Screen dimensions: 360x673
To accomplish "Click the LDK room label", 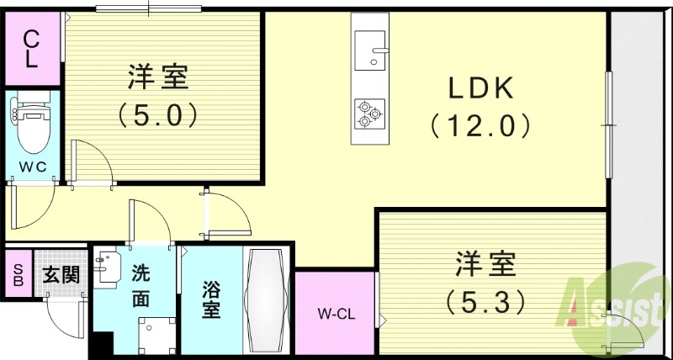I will pos(480,87).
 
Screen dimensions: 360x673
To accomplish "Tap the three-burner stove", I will pos(368,113).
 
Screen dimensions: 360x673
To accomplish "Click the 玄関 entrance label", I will pos(60,273).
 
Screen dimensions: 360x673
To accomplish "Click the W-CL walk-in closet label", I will pos(335,315).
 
